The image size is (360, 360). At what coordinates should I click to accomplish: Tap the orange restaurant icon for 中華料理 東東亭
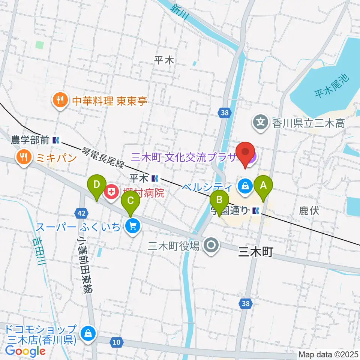click(59, 100)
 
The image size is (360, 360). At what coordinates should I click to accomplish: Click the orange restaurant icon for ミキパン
click(24, 157)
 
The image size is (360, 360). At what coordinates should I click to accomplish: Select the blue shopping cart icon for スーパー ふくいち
click(132, 226)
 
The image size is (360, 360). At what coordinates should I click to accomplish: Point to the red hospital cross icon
click(111, 193)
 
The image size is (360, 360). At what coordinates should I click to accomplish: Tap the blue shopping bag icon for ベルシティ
click(244, 185)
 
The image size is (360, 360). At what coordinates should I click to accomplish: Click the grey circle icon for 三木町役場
click(211, 246)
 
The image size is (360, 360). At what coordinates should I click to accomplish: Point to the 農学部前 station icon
click(56, 140)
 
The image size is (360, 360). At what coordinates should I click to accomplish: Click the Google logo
click(25, 351)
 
